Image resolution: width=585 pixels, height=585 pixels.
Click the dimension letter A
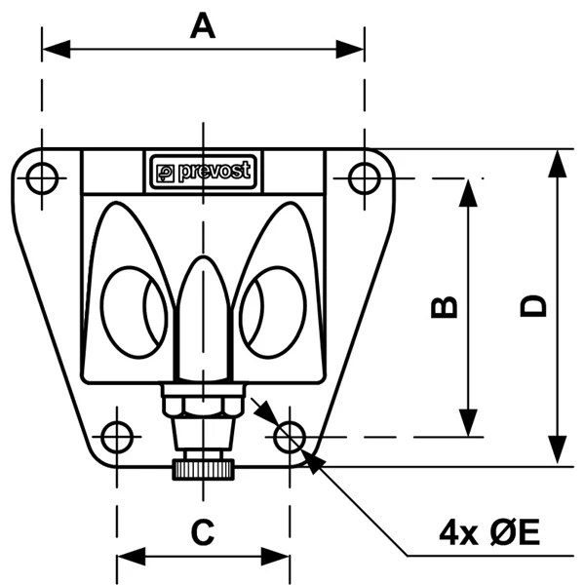(202, 26)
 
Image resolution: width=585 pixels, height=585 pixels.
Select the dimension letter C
(202, 532)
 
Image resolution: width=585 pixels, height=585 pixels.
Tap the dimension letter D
(532, 306)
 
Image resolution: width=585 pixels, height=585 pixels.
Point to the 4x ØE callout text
(488, 532)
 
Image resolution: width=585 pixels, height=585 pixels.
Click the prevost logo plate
(203, 172)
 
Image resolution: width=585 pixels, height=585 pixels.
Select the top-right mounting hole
(364, 178)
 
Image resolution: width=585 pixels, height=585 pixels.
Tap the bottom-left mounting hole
(117, 437)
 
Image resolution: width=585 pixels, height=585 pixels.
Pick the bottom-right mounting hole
(289, 437)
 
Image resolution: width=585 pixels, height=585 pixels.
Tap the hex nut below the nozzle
(202, 402)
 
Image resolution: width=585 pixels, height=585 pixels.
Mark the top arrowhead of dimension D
(557, 163)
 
